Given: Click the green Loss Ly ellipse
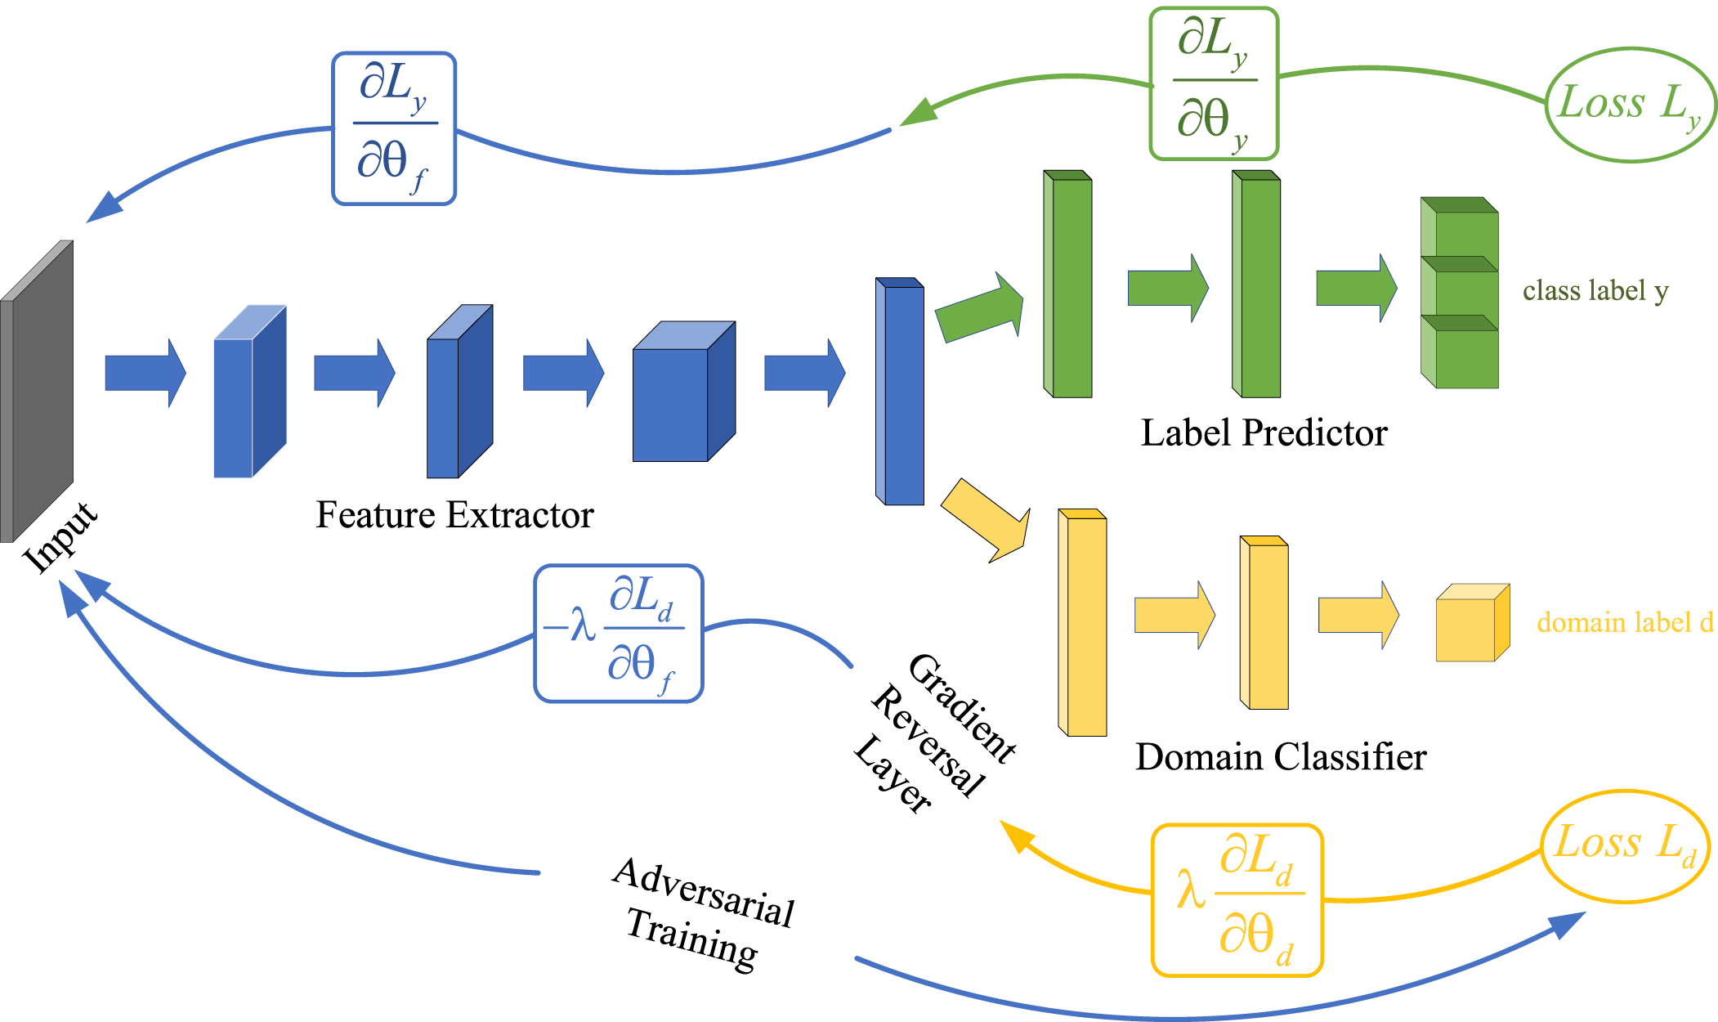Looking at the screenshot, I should [x=1630, y=104].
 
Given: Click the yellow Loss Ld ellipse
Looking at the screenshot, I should [x=1625, y=845].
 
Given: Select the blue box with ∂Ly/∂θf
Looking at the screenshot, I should [x=394, y=128].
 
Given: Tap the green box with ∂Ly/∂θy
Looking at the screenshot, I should [x=1214, y=83].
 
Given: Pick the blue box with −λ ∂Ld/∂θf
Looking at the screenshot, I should [x=619, y=633].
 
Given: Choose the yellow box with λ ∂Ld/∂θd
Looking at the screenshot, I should [x=1237, y=899].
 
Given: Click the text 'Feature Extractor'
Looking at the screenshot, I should [x=454, y=515].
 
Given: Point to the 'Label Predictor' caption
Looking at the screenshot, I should [x=1264, y=433].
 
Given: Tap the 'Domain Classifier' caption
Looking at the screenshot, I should [x=1280, y=756].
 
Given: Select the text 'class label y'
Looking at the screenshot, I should [x=1595, y=290].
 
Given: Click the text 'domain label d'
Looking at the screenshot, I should [x=1624, y=622].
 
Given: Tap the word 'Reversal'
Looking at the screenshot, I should [x=928, y=741].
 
